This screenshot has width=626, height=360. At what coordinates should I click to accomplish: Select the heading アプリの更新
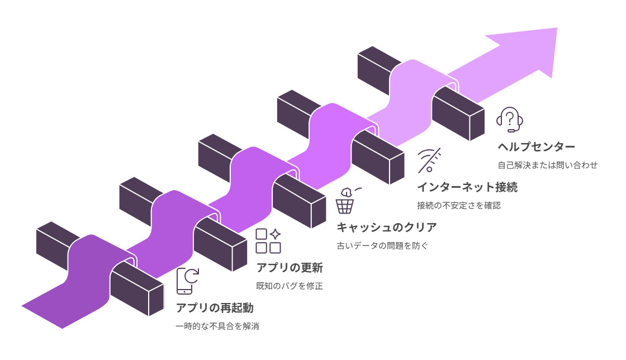pyautogui.click(x=289, y=268)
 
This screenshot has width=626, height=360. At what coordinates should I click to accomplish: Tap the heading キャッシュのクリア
pyautogui.click(x=386, y=228)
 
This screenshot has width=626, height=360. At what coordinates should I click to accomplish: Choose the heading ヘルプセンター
pyautogui.click(x=536, y=147)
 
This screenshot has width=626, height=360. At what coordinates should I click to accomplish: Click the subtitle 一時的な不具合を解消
pyautogui.click(x=217, y=326)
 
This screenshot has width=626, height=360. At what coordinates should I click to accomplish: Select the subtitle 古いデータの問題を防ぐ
pyautogui.click(x=382, y=245)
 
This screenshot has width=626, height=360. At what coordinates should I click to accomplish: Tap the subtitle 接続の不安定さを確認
pyautogui.click(x=459, y=205)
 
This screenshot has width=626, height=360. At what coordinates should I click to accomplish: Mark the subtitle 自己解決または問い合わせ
pyautogui.click(x=548, y=165)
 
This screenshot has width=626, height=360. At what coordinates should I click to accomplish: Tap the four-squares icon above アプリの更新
pyautogui.click(x=268, y=241)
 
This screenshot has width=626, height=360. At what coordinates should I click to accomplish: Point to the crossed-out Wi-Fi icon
pyautogui.click(x=429, y=160)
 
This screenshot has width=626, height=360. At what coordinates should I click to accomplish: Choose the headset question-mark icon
pyautogui.click(x=510, y=120)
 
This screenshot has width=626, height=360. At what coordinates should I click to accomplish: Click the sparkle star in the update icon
pyautogui.click(x=276, y=234)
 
